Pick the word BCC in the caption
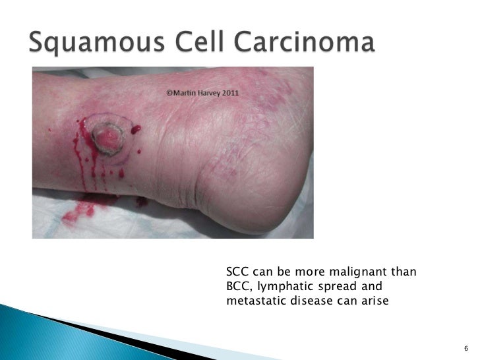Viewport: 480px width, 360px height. tap(236, 286)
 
